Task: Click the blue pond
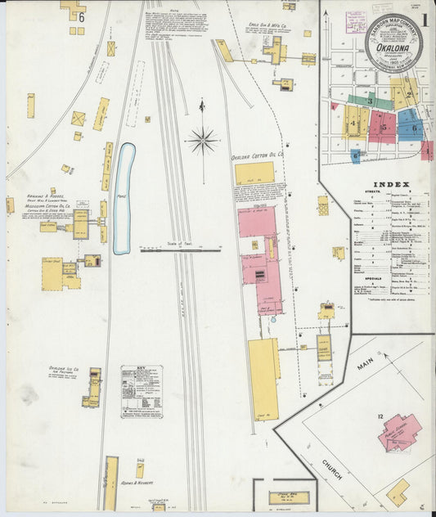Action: click(124, 198)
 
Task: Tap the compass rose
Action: click(202, 141)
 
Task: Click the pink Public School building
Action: click(399, 431)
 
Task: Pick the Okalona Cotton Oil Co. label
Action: click(257, 153)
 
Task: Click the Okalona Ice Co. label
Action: click(63, 370)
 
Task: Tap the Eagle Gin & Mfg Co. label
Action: click(263, 26)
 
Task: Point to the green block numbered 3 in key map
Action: click(370, 101)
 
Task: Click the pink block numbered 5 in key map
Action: click(382, 126)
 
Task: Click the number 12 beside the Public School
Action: click(380, 417)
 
